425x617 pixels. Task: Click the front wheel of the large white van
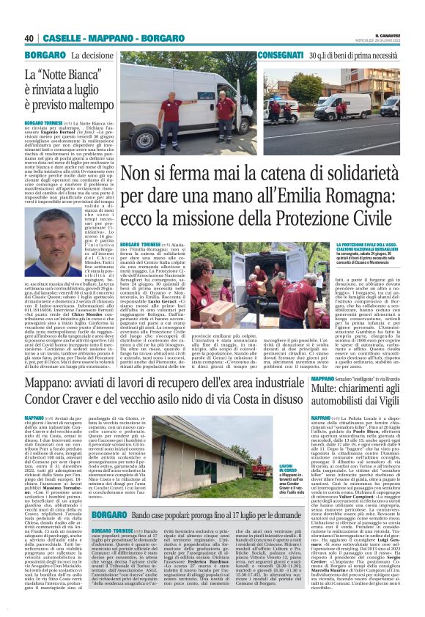click(x=158, y=140)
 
